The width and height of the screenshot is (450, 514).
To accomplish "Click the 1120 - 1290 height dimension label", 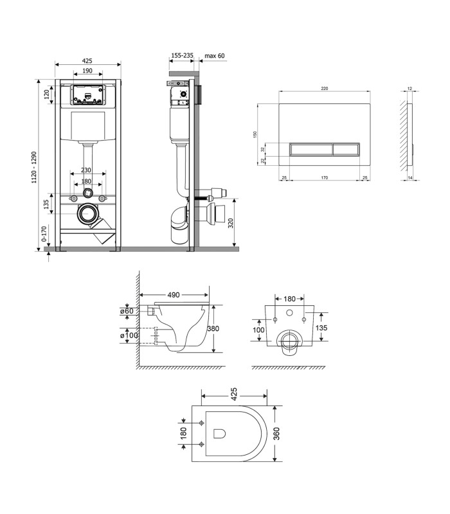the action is point(34,168).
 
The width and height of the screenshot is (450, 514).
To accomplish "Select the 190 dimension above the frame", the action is point(87,71).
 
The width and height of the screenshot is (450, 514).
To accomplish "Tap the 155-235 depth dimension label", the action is point(182,55).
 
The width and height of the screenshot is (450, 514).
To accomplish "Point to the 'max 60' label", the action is point(215,56).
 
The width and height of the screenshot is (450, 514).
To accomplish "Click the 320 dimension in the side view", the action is point(231,223).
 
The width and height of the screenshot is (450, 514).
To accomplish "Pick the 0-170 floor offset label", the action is point(44,234).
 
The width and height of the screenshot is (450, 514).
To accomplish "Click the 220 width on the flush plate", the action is point(325,89).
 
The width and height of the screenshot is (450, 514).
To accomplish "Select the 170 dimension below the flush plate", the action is point(325,178).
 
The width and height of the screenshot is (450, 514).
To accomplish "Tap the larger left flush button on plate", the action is point(311,150).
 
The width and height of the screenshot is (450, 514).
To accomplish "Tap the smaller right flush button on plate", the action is point(346,150).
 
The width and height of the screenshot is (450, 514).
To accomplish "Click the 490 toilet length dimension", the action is point(174,295).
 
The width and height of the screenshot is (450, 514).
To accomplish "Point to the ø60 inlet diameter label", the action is point(127,311).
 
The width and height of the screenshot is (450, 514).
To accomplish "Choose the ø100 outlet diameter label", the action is point(129,335).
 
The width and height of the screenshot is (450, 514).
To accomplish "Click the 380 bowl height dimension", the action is point(213,328).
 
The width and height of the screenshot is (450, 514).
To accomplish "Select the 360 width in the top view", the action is point(276,433).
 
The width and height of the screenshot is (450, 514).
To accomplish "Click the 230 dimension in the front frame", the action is point(86,170).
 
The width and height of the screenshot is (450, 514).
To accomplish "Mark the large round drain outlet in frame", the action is point(88,214).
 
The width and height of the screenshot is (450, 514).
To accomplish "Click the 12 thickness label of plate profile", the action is point(410,89).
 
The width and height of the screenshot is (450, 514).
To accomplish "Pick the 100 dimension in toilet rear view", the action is point(258,330).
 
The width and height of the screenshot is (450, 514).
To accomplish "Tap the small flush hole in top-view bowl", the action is point(219,433).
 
